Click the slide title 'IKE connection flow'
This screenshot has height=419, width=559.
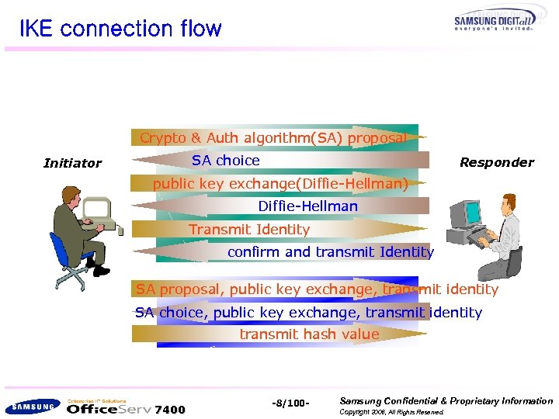tap(120, 29)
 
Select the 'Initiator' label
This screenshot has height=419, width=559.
tap(72, 163)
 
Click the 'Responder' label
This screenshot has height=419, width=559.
tap(496, 162)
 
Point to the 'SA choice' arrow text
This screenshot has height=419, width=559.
tap(226, 161)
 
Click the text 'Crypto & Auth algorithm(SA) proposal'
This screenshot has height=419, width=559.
tap(273, 138)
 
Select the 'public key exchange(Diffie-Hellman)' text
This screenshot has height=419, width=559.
tap(280, 184)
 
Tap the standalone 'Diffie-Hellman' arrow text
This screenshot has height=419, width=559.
tap(307, 206)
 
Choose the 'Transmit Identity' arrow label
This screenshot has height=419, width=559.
tap(249, 230)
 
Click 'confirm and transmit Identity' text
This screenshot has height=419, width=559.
tap(330, 252)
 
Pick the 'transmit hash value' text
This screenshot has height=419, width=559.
tap(309, 334)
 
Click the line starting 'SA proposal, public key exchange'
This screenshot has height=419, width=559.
tap(317, 289)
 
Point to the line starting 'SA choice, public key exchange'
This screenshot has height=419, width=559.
tap(308, 313)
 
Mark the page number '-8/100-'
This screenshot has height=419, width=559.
tap(291, 403)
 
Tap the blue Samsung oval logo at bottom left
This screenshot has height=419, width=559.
tap(31, 406)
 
